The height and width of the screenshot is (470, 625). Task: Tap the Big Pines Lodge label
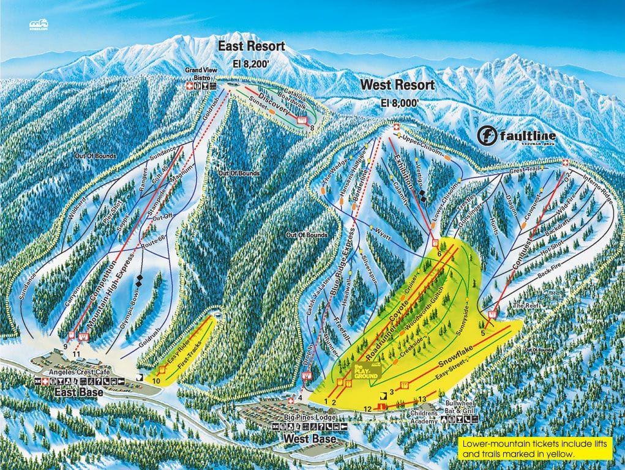tap(293, 417)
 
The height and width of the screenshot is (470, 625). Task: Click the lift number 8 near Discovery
tap(312, 127)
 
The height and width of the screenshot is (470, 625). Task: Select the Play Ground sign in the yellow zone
tap(365, 371)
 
